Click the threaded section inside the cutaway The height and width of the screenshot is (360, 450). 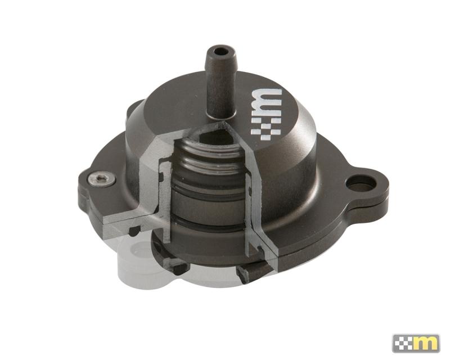[x=211, y=160]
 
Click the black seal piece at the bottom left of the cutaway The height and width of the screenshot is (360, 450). [x=179, y=267]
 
